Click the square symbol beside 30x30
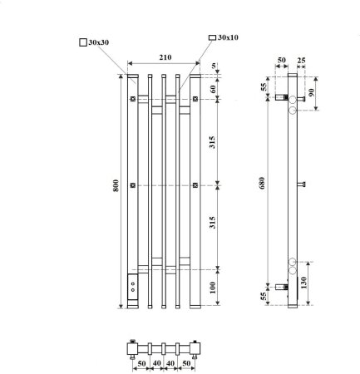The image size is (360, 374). tap(82, 41)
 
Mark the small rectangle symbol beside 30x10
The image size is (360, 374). tap(211, 37)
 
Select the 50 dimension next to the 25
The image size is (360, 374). tap(283, 61)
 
